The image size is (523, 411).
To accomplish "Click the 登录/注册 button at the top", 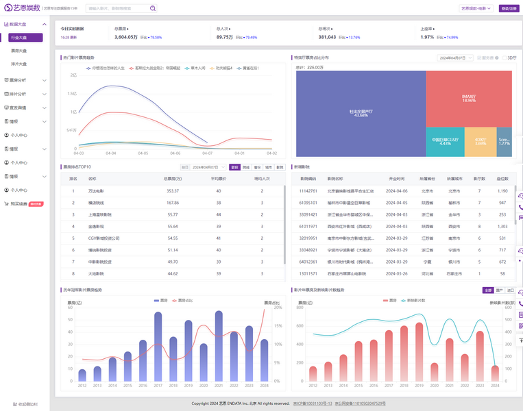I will tap(509, 8).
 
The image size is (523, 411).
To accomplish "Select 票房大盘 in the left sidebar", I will tap(19, 51).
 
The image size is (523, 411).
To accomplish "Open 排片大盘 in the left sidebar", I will tap(19, 64).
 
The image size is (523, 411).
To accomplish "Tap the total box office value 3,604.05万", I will tap(126, 37).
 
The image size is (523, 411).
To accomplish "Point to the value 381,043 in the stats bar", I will tap(332, 37).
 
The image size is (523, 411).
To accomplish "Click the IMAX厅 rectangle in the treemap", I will tap(468, 99).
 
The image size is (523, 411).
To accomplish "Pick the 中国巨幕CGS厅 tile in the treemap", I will tap(445, 141).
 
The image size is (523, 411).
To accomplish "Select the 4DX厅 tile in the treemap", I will tap(481, 141).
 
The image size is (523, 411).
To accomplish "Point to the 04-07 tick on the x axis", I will tap(208, 153).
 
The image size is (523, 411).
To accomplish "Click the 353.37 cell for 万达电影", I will tap(173, 191).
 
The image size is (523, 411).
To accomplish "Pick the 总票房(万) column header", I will tap(173, 178).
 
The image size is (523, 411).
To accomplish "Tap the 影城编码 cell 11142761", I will tap(308, 191).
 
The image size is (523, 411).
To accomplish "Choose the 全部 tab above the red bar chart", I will tap(487, 290).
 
